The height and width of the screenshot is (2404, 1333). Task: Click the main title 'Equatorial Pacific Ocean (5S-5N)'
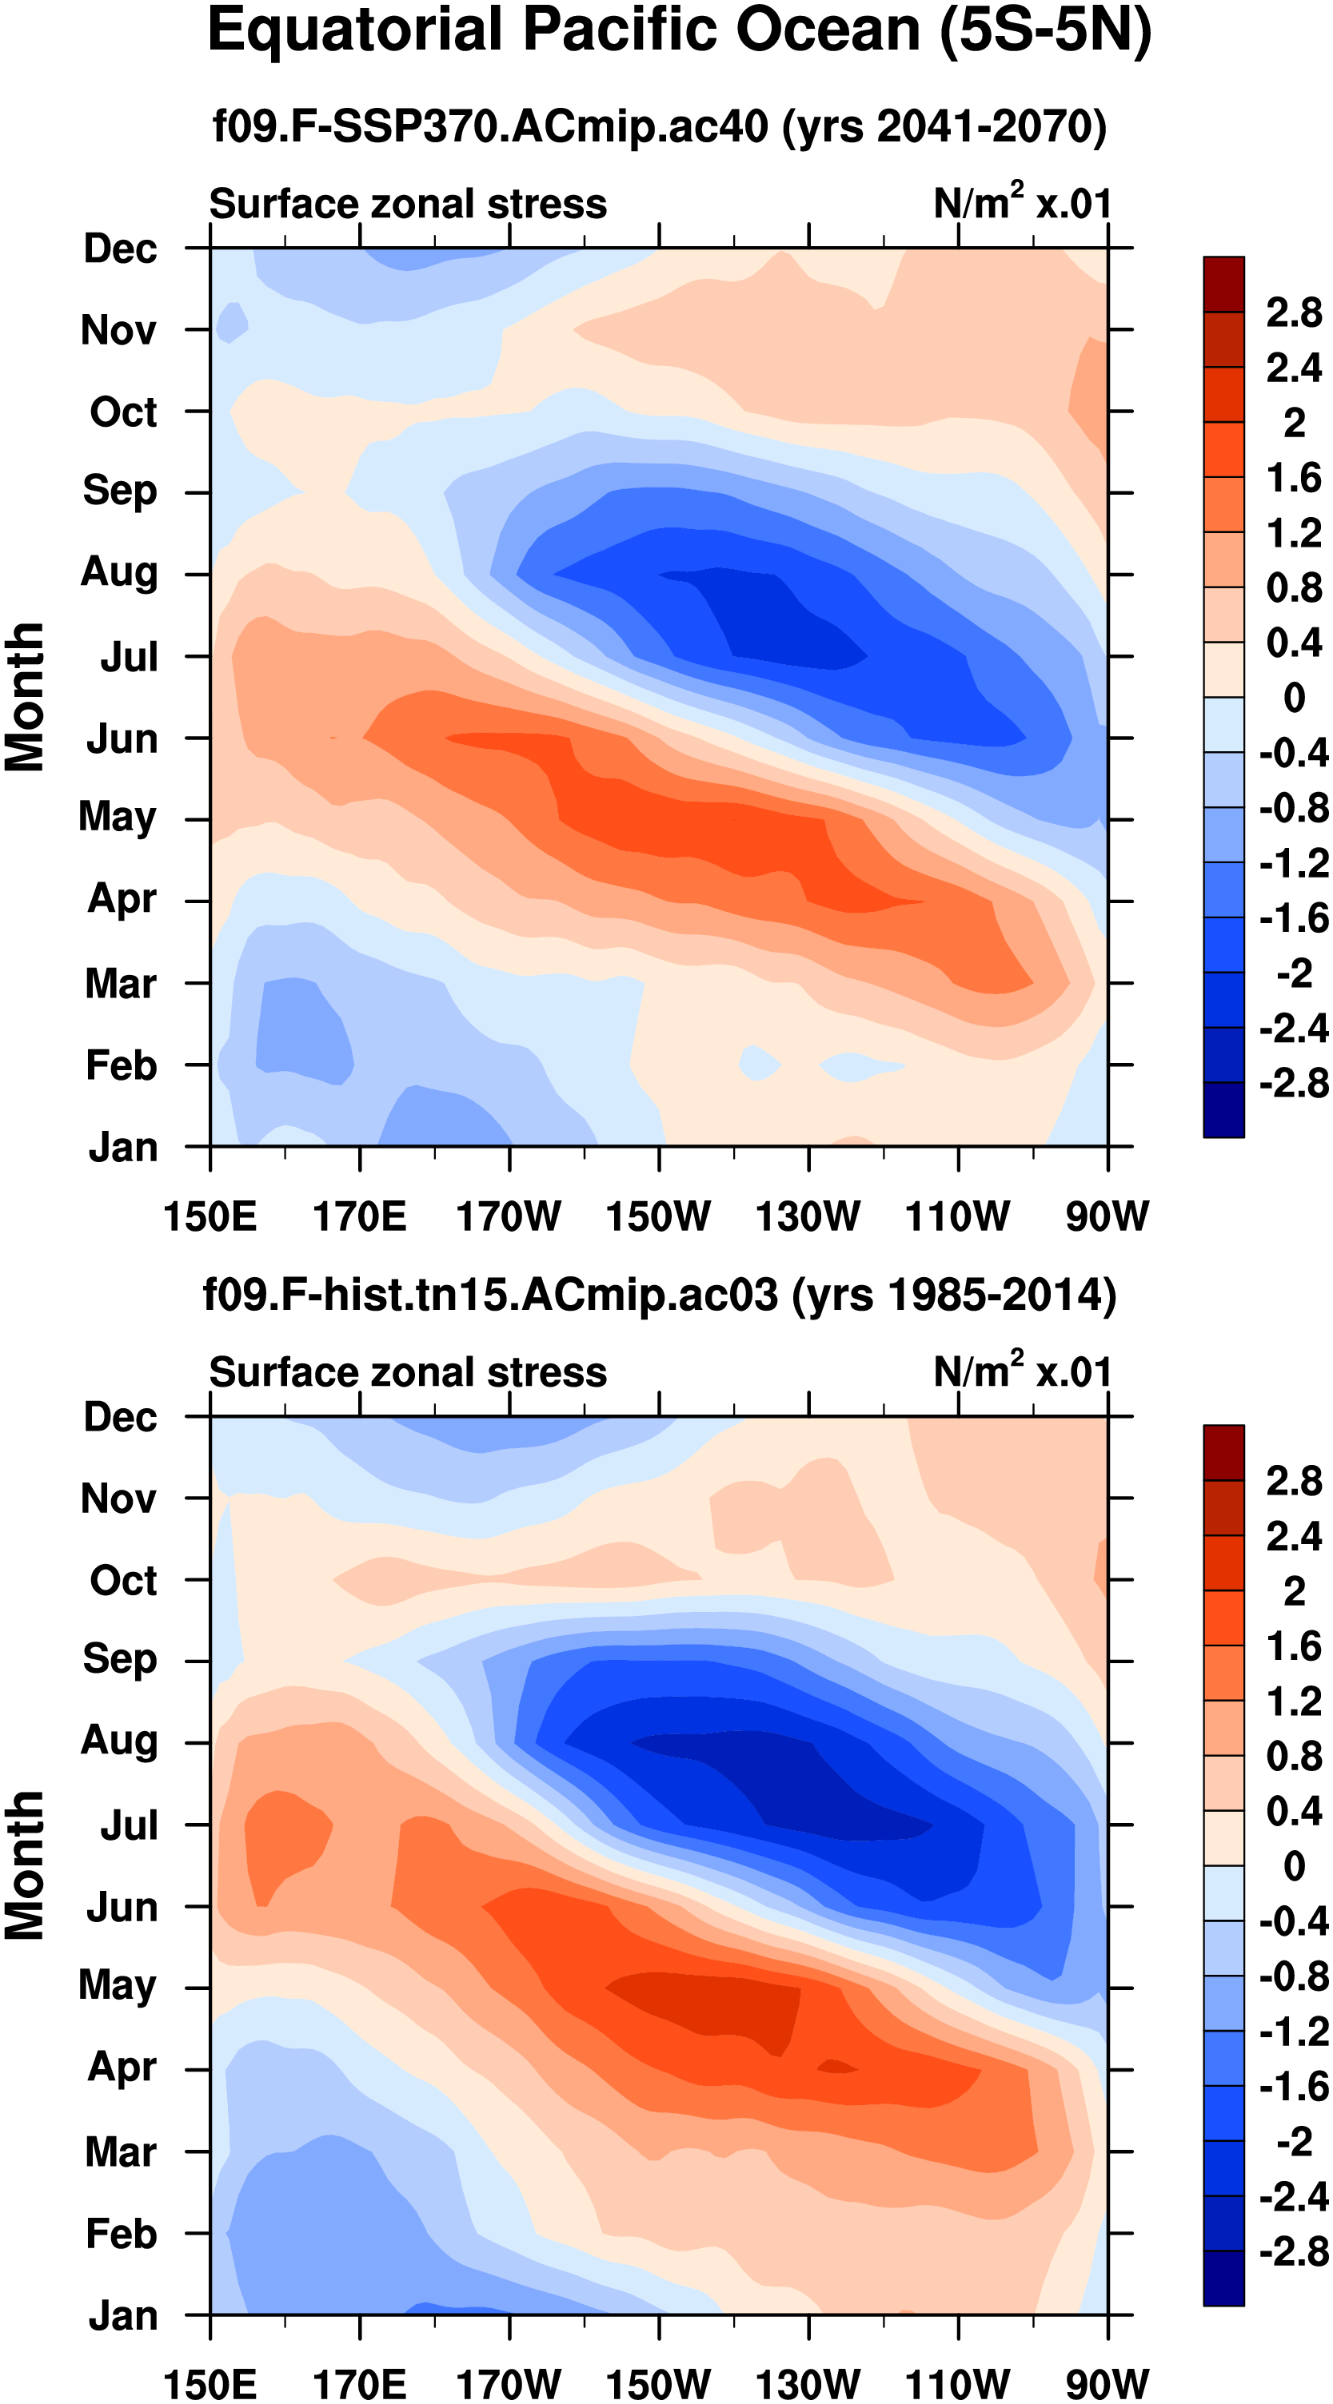(679, 32)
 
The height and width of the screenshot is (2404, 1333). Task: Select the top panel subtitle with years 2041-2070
(659, 126)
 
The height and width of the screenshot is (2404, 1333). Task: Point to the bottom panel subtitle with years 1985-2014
(659, 1296)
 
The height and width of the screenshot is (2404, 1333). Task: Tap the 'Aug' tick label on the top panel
(118, 572)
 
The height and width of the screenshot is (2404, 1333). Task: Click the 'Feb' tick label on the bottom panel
(121, 2233)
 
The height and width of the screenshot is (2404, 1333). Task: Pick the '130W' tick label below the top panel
(808, 1216)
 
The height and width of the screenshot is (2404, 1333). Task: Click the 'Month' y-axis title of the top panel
(26, 697)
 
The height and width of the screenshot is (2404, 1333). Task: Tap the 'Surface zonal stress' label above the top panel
(408, 205)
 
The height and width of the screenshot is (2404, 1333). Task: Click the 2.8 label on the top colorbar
(1293, 312)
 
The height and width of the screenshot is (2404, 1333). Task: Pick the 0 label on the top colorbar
(1294, 697)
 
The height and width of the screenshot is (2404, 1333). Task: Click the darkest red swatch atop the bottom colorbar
(1223, 1452)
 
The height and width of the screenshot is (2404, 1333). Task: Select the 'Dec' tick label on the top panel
(119, 249)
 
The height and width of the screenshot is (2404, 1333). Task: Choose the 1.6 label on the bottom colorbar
(1293, 1646)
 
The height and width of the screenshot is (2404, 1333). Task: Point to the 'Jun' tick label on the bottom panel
(122, 1907)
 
